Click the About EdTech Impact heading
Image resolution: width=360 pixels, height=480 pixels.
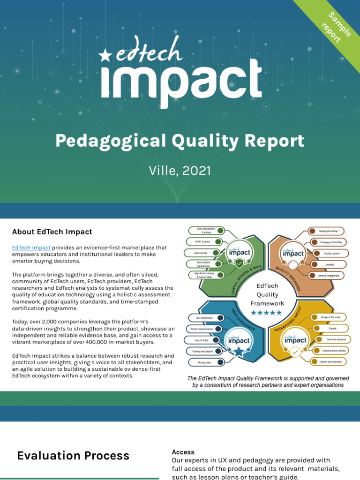(52, 232)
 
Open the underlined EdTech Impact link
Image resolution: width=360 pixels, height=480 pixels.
(31, 247)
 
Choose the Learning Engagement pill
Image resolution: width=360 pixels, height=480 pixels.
(328, 275)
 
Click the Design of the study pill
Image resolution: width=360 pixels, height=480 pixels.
(330, 317)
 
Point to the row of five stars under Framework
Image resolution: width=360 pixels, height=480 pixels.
(267, 313)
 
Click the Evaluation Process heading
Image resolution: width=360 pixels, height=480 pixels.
(73, 456)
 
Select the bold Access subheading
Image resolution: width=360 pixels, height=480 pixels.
(183, 452)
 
